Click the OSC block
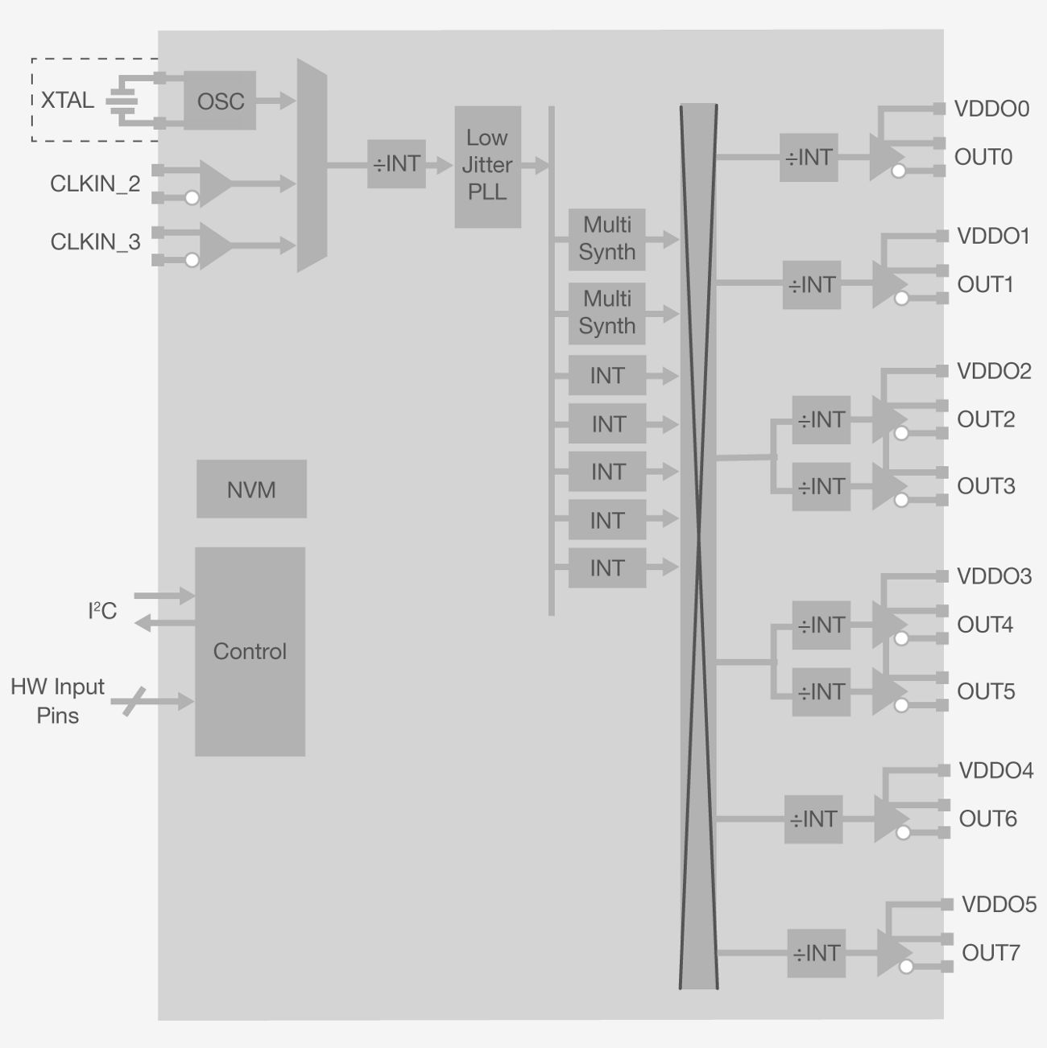[x=220, y=101]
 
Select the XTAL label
[x=67, y=101]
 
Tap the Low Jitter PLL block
[x=487, y=166]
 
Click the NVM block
[x=251, y=489]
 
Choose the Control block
[x=250, y=651]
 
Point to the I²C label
[x=102, y=611]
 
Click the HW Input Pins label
[x=57, y=701]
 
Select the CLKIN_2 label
[x=95, y=184]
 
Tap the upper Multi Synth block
[x=606, y=239]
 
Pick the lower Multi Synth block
[x=606, y=313]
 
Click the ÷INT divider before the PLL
[x=396, y=164]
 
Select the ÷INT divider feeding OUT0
[x=809, y=158]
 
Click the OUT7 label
[x=991, y=953]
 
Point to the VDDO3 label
[x=994, y=576]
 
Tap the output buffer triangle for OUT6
[x=888, y=819]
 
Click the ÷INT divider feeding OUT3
[x=821, y=487]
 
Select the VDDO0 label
[x=991, y=109]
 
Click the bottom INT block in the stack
[x=606, y=568]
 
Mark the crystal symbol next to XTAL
[x=122, y=101]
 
